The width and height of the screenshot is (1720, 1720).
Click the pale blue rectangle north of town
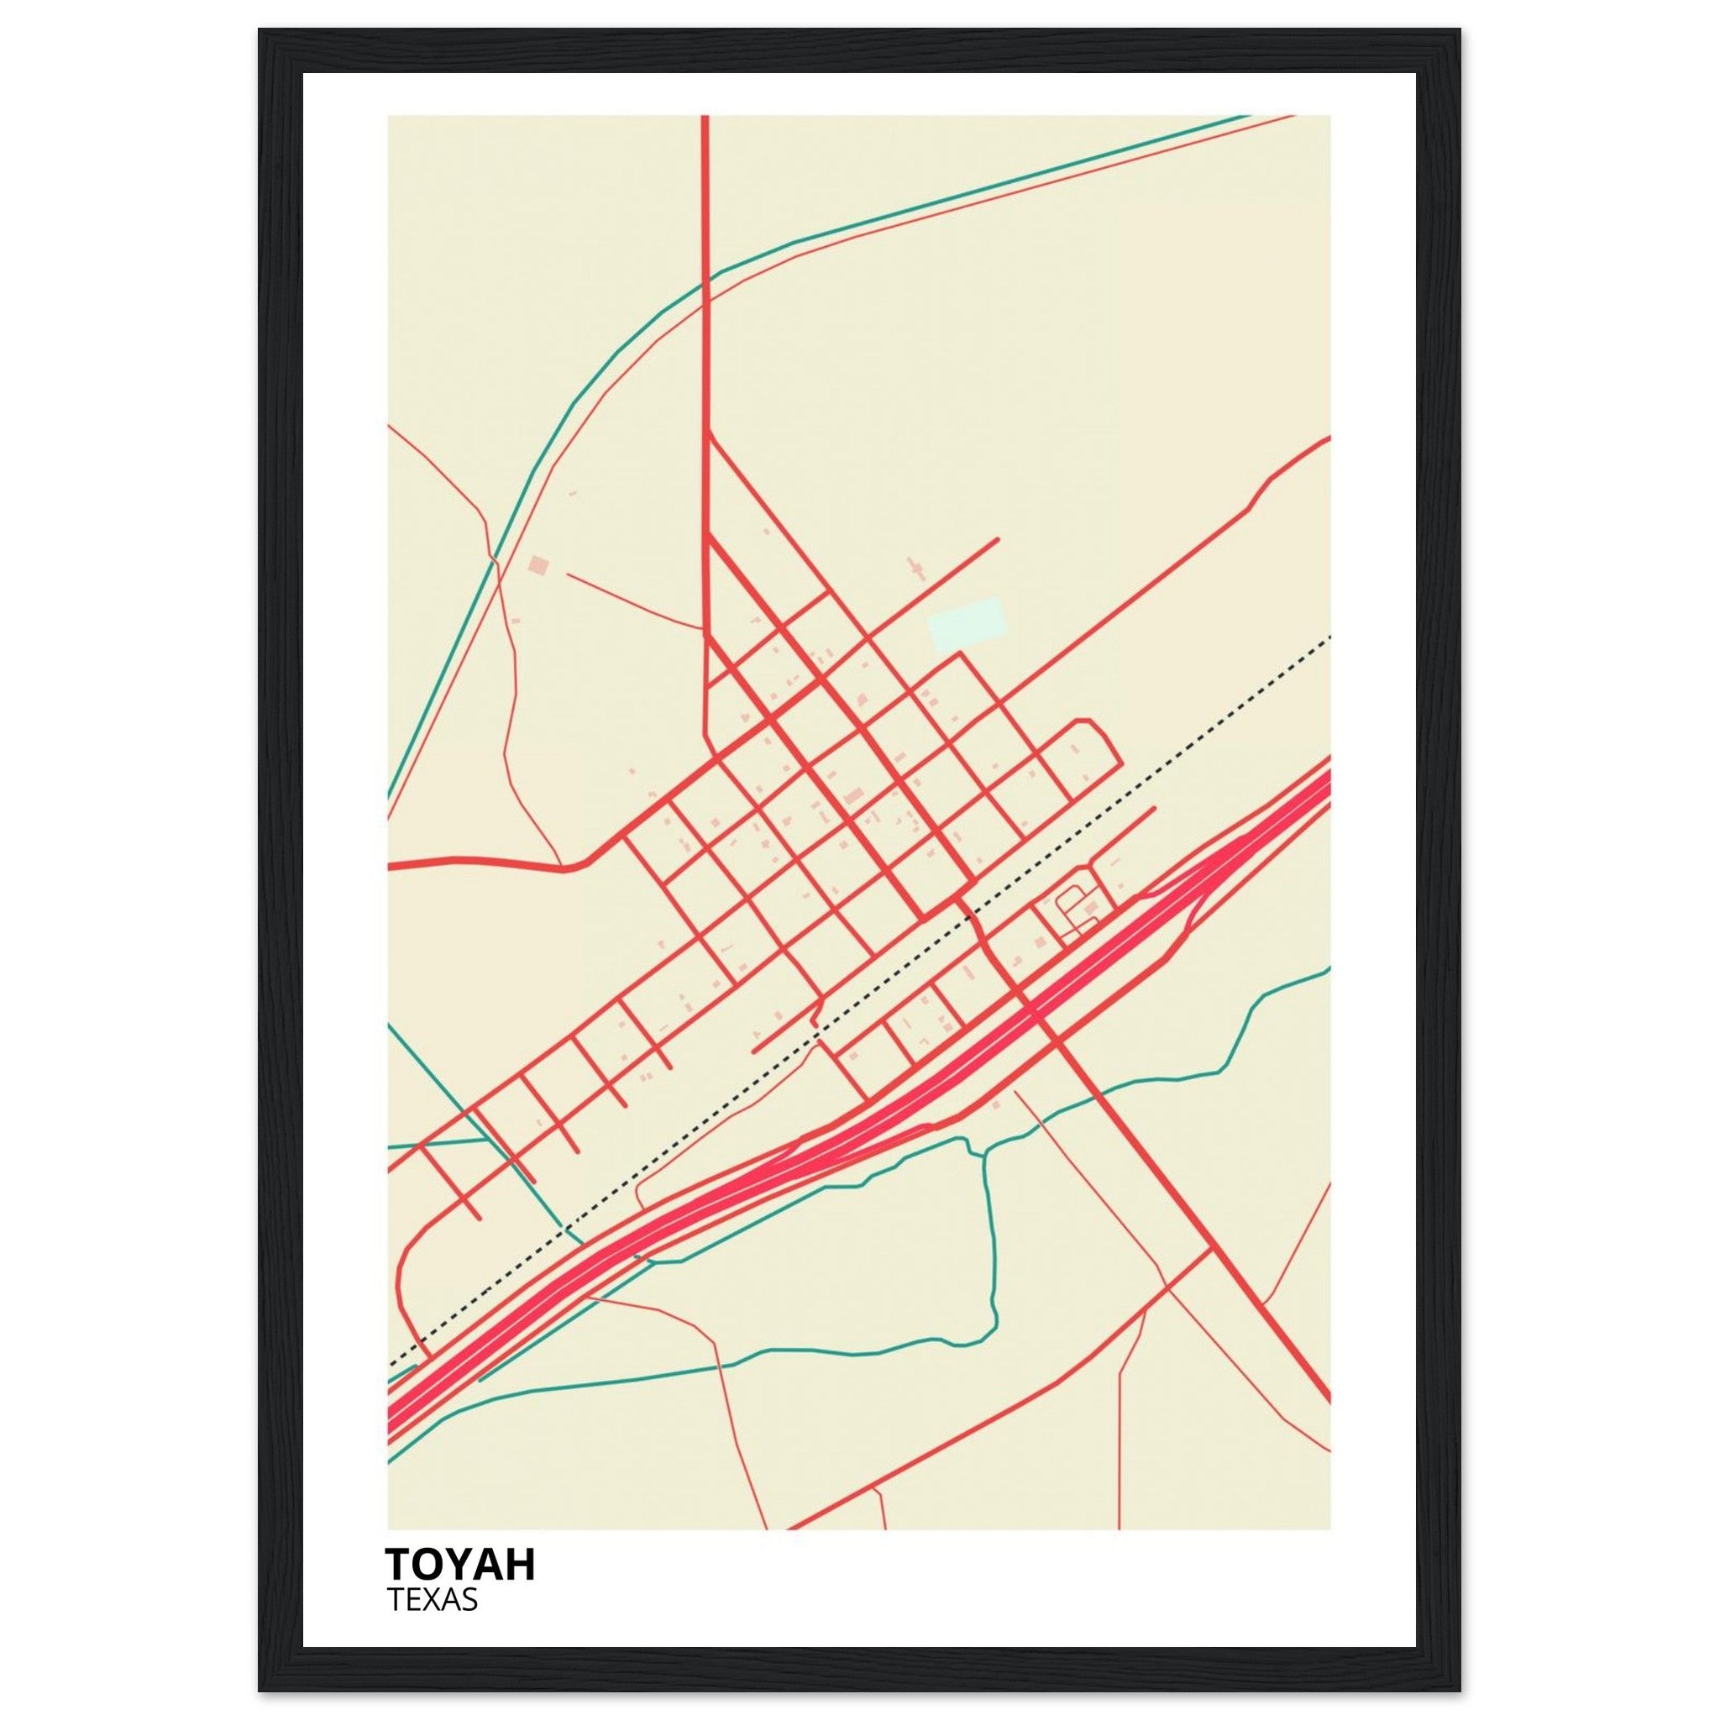pos(967,622)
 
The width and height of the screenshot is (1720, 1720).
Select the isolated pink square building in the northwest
pos(538,566)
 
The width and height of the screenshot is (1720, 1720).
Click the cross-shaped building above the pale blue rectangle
pos(915,567)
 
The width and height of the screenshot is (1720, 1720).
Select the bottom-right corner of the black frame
pos(1459,1690)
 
